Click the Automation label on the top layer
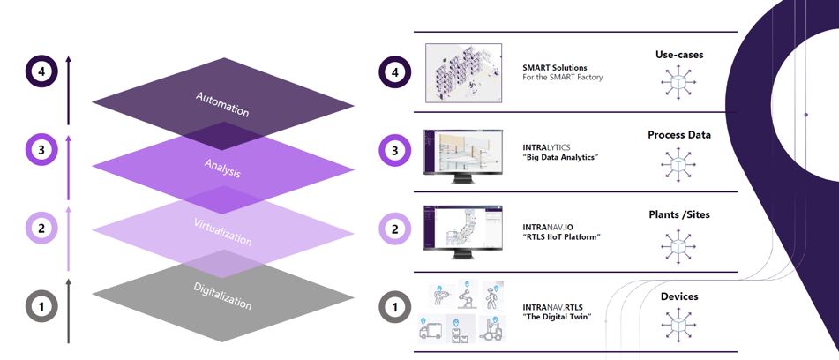pyautogui.click(x=222, y=104)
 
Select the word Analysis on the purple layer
pyautogui.click(x=222, y=168)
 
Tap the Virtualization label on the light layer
pyautogui.click(x=222, y=232)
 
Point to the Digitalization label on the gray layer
pyautogui.click(x=222, y=296)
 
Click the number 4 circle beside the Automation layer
pyautogui.click(x=41, y=71)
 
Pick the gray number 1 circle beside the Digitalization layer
pyautogui.click(x=41, y=307)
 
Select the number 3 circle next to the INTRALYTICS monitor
pyautogui.click(x=394, y=150)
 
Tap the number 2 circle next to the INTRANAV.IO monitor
pyautogui.click(x=394, y=229)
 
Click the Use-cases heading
pyautogui.click(x=679, y=55)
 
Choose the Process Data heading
pyautogui.click(x=679, y=135)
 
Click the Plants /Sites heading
pyautogui.click(x=679, y=214)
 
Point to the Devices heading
pyautogui.click(x=679, y=296)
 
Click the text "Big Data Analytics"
pyautogui.click(x=560, y=157)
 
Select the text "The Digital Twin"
pyautogui.click(x=557, y=317)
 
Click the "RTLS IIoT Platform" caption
pyautogui.click(x=561, y=236)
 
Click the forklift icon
pyautogui.click(x=491, y=328)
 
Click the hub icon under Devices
pyautogui.click(x=678, y=326)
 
